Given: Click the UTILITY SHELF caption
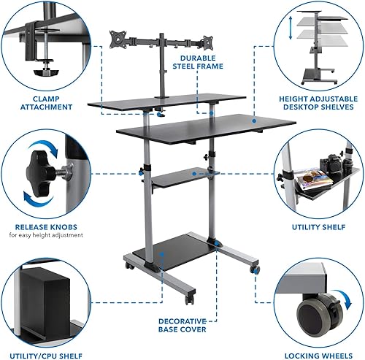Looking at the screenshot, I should point(320,226).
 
